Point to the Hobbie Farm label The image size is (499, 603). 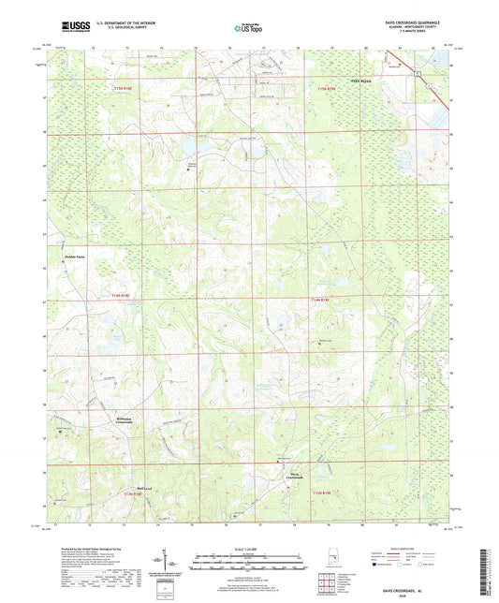coord(75,255)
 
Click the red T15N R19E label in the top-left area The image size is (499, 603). coord(124,87)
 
